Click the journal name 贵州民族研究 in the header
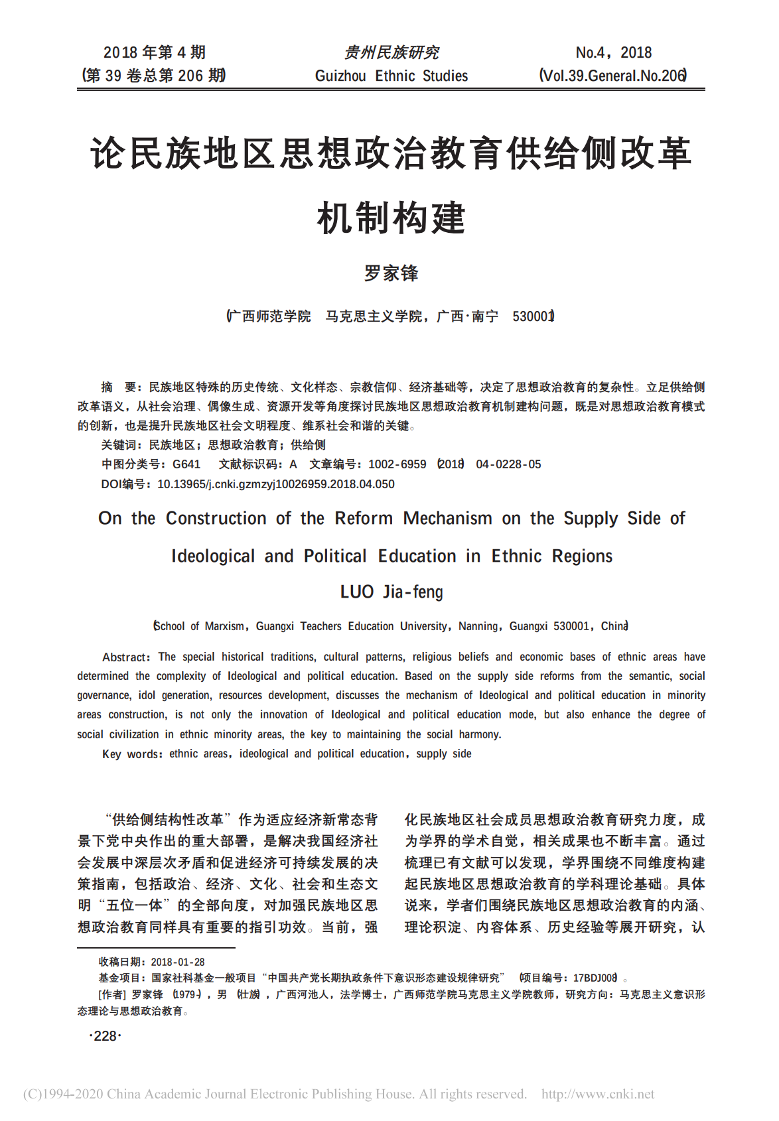[391, 52]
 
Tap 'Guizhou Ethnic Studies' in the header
[391, 76]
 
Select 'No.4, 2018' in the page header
[613, 52]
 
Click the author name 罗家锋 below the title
[391, 273]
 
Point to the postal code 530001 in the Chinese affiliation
[532, 316]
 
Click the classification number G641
[186, 464]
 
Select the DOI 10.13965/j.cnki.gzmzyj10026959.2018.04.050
[275, 484]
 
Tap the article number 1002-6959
[397, 464]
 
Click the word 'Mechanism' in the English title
[447, 518]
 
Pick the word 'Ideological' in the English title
[212, 556]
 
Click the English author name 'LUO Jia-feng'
[391, 592]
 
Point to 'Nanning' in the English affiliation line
[478, 626]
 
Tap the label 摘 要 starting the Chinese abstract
[119, 387]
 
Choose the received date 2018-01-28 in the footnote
[178, 962]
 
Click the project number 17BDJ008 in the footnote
[595, 978]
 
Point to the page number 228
[105, 1036]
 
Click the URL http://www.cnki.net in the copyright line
[598, 1094]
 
